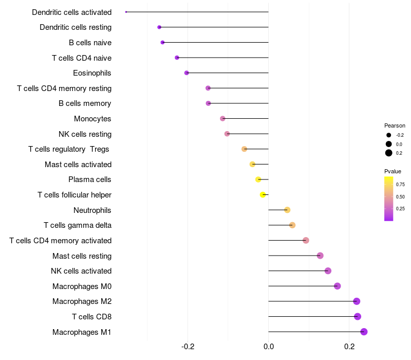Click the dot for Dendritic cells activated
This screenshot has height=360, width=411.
click(126, 12)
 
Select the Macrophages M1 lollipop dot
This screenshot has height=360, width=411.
click(364, 332)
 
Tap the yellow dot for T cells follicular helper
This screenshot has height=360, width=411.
click(263, 195)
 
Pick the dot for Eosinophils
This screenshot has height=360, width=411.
click(186, 73)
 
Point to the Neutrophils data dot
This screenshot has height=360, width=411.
click(287, 210)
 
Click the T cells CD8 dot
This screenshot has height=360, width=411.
click(358, 316)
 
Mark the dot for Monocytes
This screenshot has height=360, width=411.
click(222, 119)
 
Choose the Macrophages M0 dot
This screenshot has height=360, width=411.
click(338, 286)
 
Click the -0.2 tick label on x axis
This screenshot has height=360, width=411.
click(188, 347)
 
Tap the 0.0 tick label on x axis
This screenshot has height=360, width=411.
click(268, 347)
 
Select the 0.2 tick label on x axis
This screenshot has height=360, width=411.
click(349, 347)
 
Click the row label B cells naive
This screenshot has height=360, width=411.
click(90, 43)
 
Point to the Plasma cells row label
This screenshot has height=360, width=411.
click(89, 179)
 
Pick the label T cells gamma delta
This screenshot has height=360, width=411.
click(78, 225)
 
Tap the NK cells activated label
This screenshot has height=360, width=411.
click(81, 271)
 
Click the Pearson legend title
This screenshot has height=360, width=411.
click(395, 125)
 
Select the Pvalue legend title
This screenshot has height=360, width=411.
click(393, 171)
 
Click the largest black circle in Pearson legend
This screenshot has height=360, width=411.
click(389, 153)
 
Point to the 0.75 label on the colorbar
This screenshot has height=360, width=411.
click(400, 185)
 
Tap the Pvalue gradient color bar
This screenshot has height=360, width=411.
click(389, 199)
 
